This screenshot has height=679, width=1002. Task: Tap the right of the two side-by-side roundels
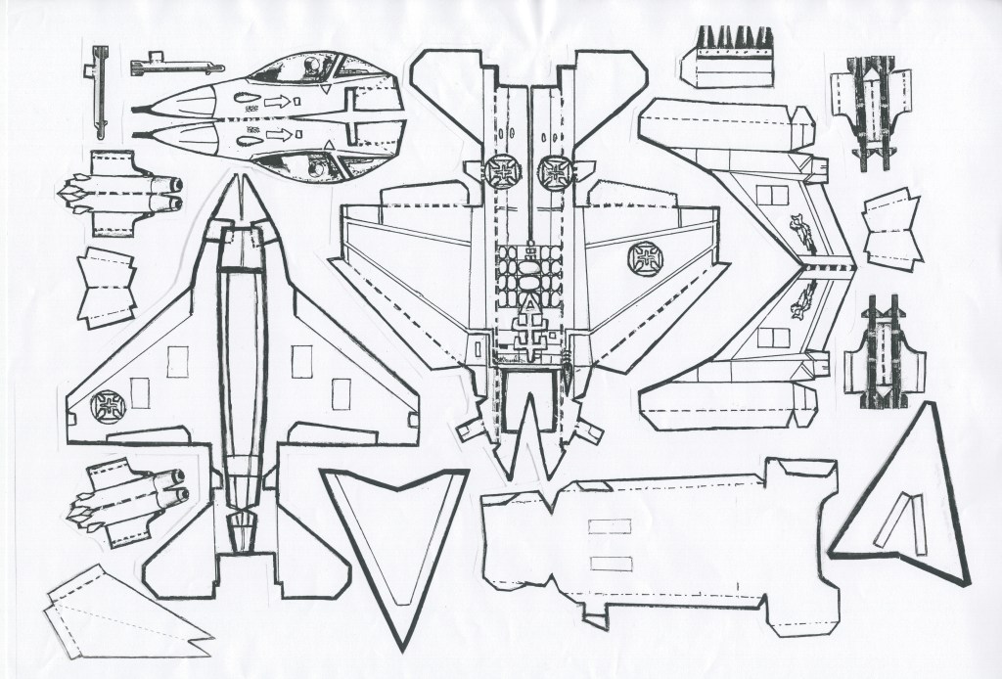click(x=554, y=171)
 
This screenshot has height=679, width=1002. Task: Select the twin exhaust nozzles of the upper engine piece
click(x=172, y=193)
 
